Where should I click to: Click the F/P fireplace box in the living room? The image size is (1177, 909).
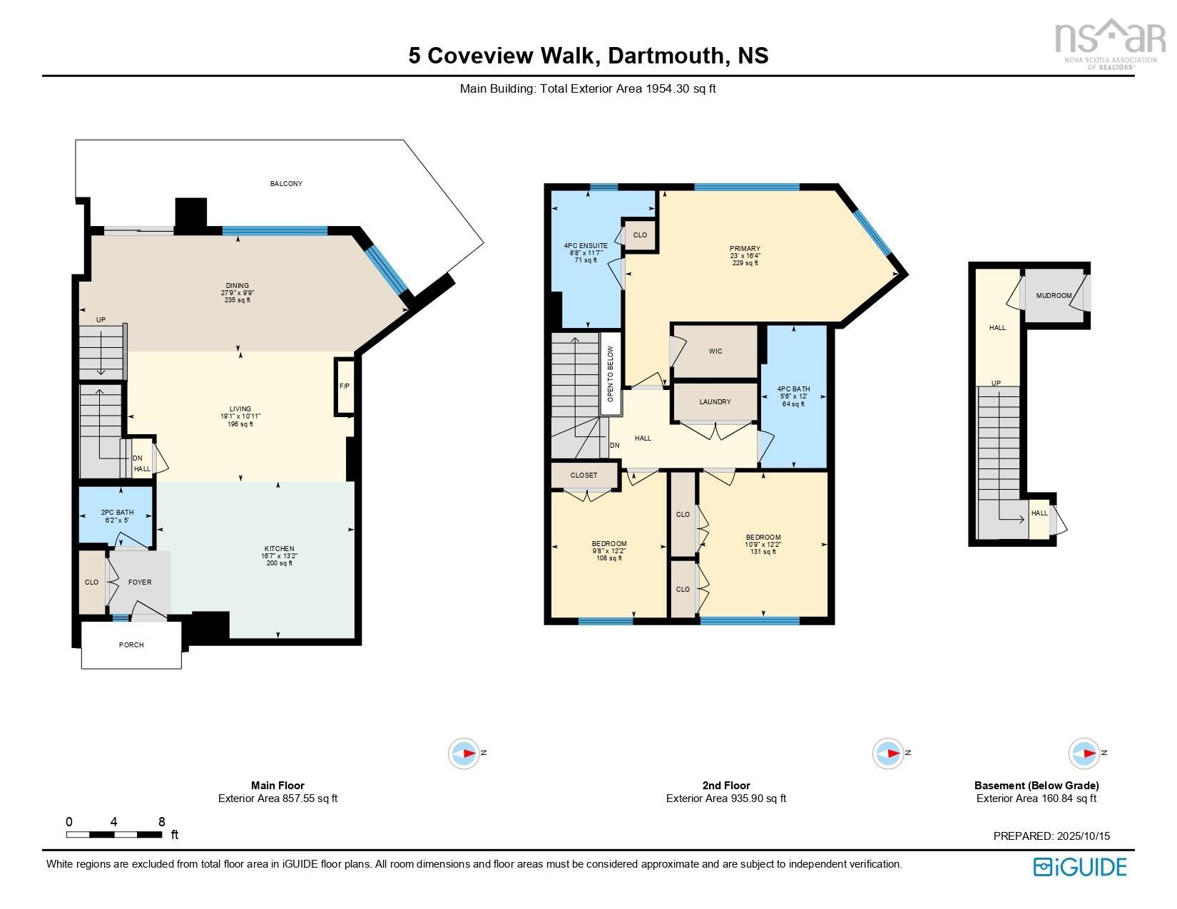pos(345,386)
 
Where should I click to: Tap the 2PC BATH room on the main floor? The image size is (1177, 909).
pos(116,515)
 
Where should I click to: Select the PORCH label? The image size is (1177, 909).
pos(131,644)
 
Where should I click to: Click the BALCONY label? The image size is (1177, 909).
pos(286,184)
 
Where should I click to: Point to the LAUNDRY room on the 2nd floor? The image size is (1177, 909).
pos(715,402)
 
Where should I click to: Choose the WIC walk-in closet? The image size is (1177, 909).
pos(715,351)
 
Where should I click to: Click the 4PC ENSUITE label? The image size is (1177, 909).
pos(586,245)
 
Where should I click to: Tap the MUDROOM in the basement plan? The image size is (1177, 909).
pos(1054,296)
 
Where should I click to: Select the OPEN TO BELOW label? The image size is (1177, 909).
pos(610,374)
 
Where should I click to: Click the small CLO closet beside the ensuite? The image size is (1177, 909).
pos(640,235)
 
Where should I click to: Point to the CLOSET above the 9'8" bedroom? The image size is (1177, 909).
pos(584,476)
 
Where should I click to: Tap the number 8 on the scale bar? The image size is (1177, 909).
pos(162,821)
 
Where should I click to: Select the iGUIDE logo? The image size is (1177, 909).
pos(1080,867)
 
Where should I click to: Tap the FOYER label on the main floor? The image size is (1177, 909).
pos(140,582)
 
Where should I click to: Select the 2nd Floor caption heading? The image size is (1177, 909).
pos(725,785)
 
